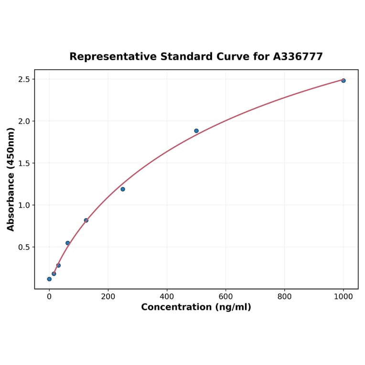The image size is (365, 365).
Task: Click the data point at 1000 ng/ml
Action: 343,81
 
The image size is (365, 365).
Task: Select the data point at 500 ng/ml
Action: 196,131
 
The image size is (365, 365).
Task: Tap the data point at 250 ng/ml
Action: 123,189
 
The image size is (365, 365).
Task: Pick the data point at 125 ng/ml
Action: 86,220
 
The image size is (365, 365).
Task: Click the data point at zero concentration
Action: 49,279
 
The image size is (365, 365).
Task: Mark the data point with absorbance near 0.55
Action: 68,243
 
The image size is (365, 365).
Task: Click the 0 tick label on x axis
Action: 49,297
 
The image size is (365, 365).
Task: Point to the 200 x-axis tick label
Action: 108,297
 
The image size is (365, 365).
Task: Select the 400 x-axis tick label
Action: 167,297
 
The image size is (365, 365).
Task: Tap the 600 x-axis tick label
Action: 225,297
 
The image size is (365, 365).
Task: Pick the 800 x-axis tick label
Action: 284,297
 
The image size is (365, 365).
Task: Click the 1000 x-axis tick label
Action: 343,297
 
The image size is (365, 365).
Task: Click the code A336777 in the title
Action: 298,57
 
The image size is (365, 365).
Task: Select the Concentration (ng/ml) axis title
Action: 196,307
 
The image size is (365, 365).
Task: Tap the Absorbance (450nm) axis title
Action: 11,179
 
